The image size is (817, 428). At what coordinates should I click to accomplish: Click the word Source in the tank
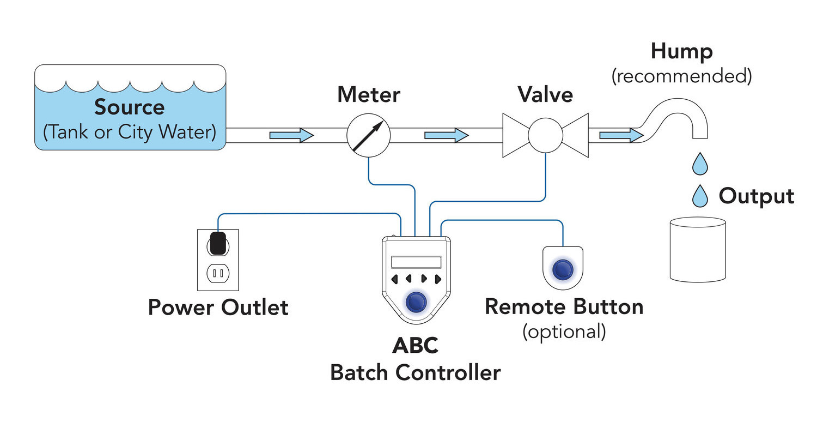tap(129, 107)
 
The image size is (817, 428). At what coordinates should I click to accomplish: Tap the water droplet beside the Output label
tap(700, 196)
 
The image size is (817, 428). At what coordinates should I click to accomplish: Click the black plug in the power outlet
tap(218, 243)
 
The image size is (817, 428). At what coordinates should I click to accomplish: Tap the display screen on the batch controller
tap(416, 262)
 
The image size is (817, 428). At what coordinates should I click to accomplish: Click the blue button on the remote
tap(563, 269)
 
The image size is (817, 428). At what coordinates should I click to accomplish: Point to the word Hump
tap(681, 52)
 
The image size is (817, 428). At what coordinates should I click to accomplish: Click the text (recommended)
tap(681, 76)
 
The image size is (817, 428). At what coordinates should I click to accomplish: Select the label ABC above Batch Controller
tap(415, 346)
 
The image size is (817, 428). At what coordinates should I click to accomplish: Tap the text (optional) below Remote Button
tap(564, 331)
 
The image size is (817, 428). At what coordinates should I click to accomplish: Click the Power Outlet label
tap(218, 308)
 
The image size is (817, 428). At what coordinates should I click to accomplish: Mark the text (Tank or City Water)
tap(129, 132)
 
